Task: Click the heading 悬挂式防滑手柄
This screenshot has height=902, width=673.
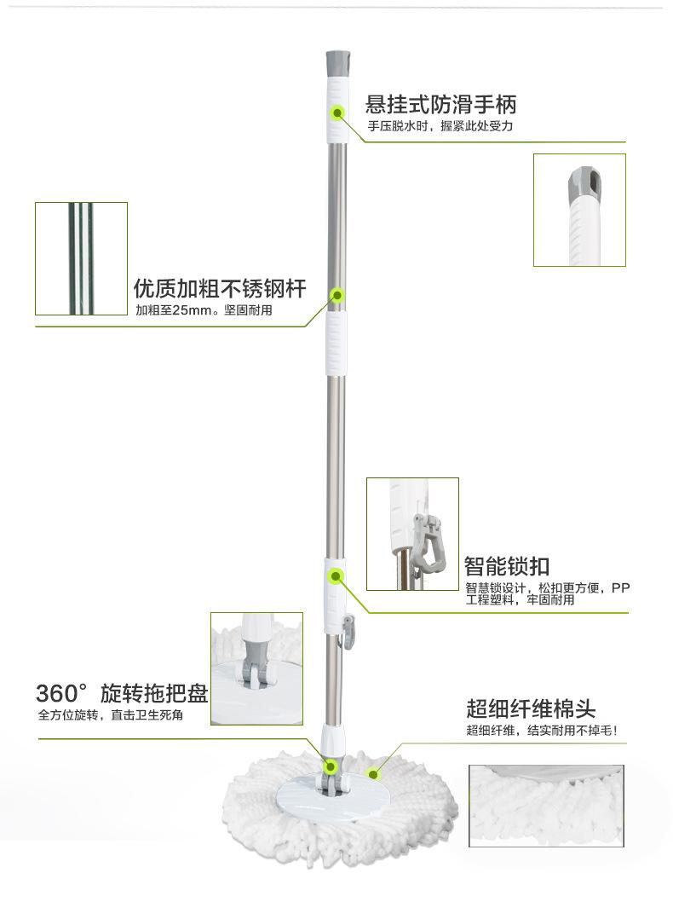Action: click(440, 105)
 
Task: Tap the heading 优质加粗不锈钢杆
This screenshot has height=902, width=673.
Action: click(220, 288)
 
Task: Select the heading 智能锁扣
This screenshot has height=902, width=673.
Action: click(506, 565)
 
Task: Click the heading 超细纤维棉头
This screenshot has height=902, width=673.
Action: click(530, 708)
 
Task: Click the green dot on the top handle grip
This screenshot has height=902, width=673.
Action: click(337, 112)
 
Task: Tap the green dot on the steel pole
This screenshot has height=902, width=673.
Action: click(337, 295)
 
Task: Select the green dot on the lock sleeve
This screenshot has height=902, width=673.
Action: click(336, 576)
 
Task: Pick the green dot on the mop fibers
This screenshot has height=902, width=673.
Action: click(372, 774)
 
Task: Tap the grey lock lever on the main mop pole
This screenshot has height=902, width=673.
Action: click(348, 635)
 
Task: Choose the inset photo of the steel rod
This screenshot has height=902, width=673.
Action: click(81, 258)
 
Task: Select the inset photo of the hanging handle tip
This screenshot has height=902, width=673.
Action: click(579, 210)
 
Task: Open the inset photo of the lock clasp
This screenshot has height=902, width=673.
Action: click(412, 534)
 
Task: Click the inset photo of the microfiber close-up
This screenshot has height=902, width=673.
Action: click(546, 805)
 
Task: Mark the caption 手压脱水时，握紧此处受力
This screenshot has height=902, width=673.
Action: click(440, 126)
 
